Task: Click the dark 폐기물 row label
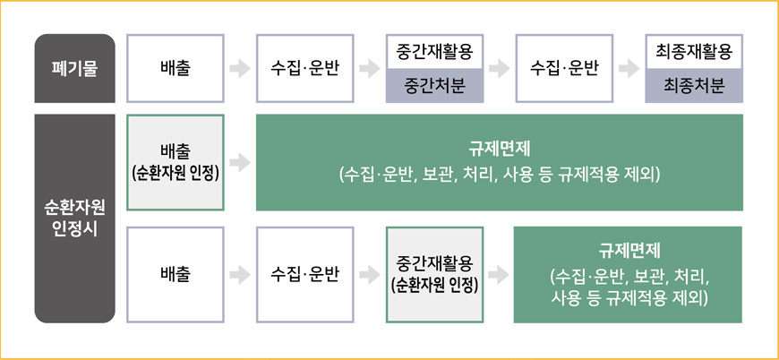coord(75,68)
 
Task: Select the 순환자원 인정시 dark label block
coord(75,218)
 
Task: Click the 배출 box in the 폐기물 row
coord(175,68)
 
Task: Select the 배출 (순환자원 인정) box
coord(175,162)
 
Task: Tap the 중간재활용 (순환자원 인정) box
coord(433,274)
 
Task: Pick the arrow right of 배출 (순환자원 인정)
coord(239,162)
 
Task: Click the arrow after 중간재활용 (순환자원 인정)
coord(498,274)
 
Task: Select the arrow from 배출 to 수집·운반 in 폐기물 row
coord(239,68)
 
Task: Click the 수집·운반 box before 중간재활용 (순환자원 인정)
coord(304,274)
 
